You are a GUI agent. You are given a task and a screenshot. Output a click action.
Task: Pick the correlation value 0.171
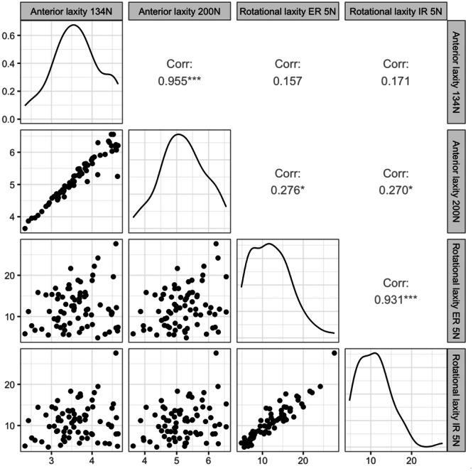coord(394,81)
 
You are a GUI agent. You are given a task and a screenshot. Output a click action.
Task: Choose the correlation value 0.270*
coord(394,190)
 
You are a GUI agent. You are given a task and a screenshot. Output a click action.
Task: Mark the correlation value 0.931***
coord(394,300)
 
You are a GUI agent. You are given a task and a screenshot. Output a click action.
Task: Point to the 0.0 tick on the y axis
coord(9,119)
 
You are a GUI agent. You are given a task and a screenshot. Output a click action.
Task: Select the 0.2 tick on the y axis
coord(9,92)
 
